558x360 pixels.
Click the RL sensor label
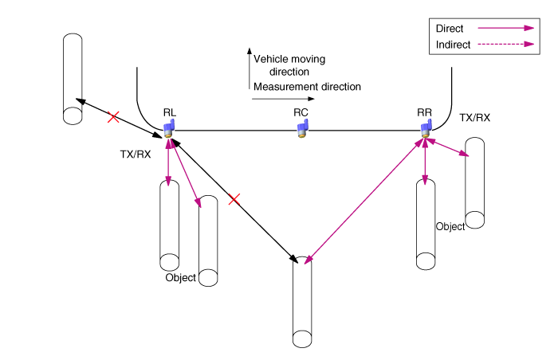(x=169, y=113)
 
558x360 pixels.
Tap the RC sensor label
(x=301, y=112)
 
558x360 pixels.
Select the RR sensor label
(x=424, y=112)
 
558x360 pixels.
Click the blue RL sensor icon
(x=169, y=128)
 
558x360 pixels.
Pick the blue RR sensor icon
(x=426, y=129)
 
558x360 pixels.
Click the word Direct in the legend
(x=450, y=29)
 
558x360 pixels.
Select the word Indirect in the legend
(x=453, y=44)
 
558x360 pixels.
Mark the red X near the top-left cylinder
(x=113, y=117)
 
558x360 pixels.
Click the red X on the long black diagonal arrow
(x=234, y=199)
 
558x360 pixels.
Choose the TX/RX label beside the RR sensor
(x=475, y=118)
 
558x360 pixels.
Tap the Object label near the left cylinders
(x=180, y=278)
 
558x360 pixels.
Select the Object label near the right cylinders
(x=450, y=226)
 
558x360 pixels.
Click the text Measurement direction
(x=307, y=86)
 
